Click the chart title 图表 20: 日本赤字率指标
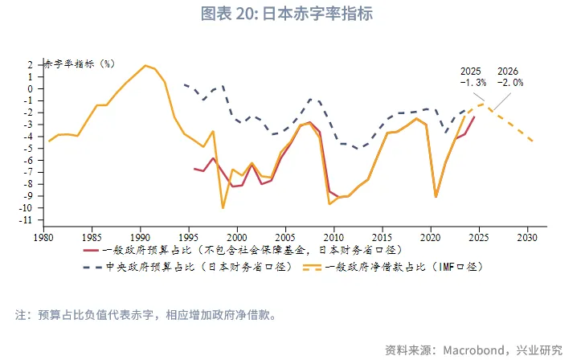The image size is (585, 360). coord(292,14)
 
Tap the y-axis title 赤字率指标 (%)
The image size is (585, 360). coord(80,64)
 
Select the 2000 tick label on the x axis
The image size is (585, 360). coord(236,238)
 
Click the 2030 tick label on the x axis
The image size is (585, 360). coord(527,238)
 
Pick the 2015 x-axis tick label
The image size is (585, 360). coord(382,238)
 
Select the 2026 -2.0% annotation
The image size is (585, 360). coord(510,77)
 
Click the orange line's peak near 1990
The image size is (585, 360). coord(145,66)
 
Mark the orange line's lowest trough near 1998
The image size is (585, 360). coord(223,208)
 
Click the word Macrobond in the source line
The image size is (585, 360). coord(472,350)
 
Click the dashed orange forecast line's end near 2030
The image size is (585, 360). coord(532,141)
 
